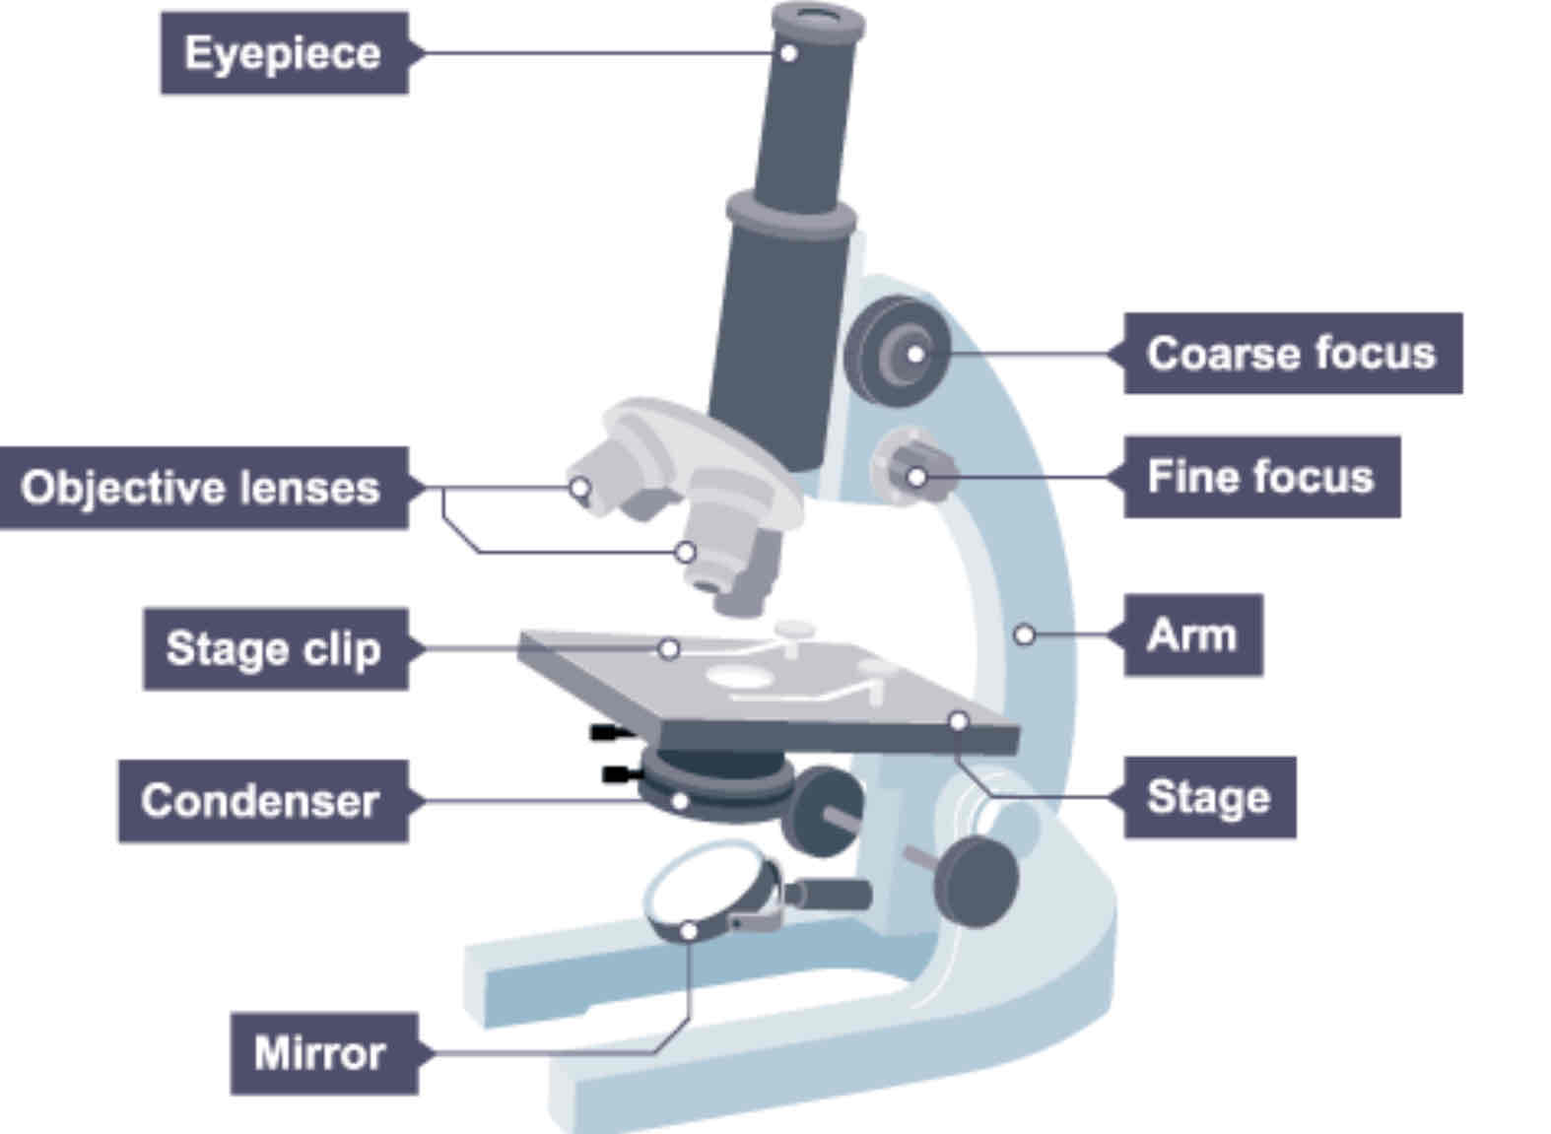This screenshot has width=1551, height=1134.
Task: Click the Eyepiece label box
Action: (x=284, y=53)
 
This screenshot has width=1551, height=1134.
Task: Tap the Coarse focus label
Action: (x=1291, y=354)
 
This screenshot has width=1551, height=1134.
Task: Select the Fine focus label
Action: (x=1260, y=477)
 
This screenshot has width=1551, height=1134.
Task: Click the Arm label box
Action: (x=1192, y=635)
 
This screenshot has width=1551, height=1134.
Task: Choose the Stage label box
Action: (x=1208, y=797)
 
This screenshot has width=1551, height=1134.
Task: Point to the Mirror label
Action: (x=320, y=1053)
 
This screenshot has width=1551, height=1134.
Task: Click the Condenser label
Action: (x=261, y=801)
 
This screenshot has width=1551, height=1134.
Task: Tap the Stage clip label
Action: (x=274, y=648)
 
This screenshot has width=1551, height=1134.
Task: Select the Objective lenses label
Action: (x=202, y=488)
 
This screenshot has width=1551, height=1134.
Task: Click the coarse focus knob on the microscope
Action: (x=897, y=352)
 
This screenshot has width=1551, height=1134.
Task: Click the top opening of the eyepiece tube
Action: (x=817, y=16)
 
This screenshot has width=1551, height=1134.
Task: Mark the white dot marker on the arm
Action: (x=1025, y=635)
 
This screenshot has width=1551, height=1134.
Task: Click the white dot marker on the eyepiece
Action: (x=788, y=53)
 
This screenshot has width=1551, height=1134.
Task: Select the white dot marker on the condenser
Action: (x=679, y=801)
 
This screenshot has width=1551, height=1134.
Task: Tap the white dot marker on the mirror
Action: (x=690, y=930)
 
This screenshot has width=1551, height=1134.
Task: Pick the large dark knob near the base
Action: (x=976, y=880)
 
